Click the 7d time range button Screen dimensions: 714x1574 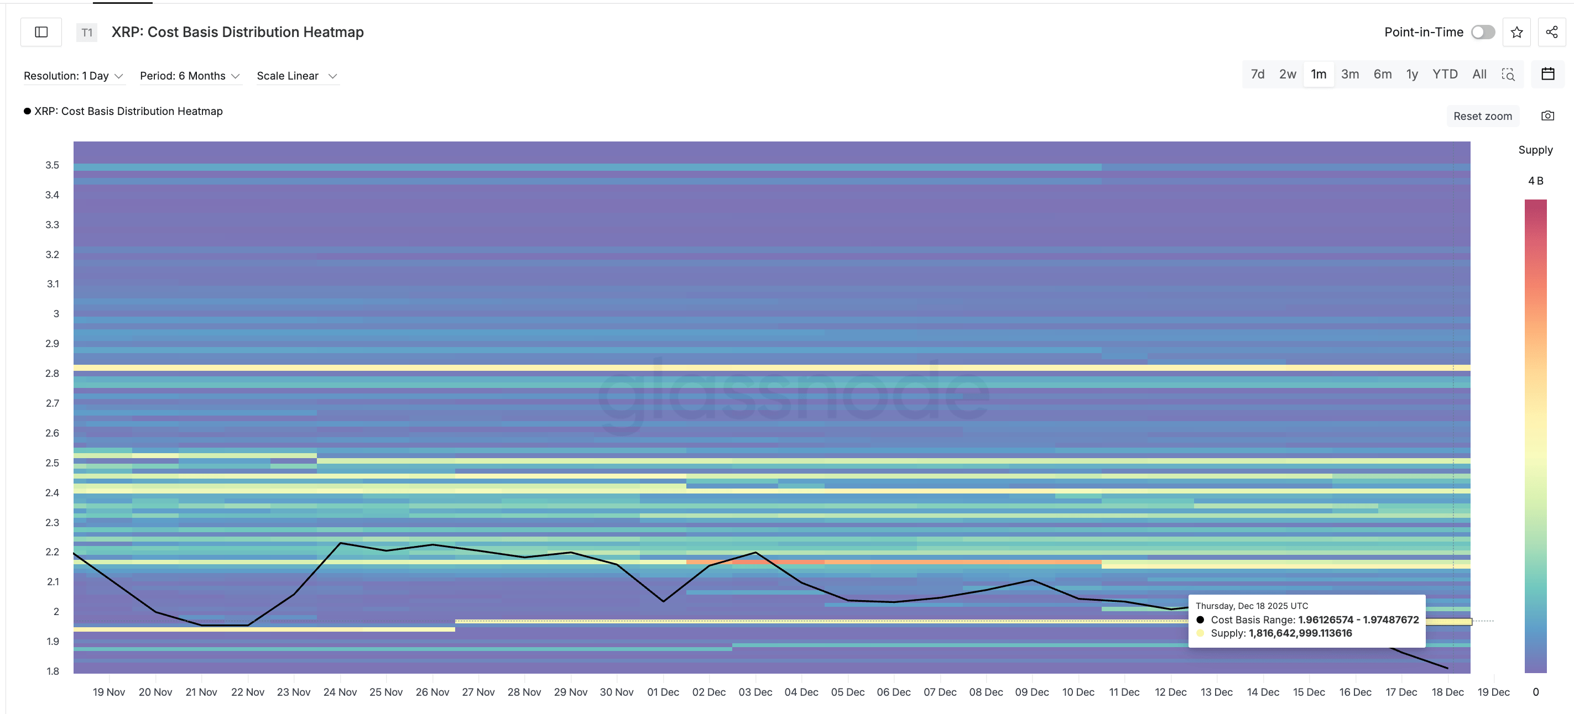point(1257,75)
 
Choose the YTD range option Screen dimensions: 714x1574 point(1445,75)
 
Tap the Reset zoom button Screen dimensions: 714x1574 point(1482,116)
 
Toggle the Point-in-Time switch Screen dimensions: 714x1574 point(1482,33)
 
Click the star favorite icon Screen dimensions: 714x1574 point(1516,33)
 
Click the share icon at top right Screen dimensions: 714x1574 point(1551,33)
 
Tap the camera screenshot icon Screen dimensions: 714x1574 point(1547,116)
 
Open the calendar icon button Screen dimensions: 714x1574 point(1547,75)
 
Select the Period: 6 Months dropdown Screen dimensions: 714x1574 point(189,76)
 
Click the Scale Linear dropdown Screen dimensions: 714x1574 point(297,76)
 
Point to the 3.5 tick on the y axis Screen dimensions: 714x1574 point(52,165)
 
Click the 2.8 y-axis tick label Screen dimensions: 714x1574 point(52,373)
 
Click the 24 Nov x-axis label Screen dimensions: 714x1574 point(340,692)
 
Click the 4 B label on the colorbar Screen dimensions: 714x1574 point(1535,181)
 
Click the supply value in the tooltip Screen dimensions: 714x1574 point(1300,633)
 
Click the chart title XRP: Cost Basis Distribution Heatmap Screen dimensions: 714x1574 point(237,33)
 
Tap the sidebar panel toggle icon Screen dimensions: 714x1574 point(41,33)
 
